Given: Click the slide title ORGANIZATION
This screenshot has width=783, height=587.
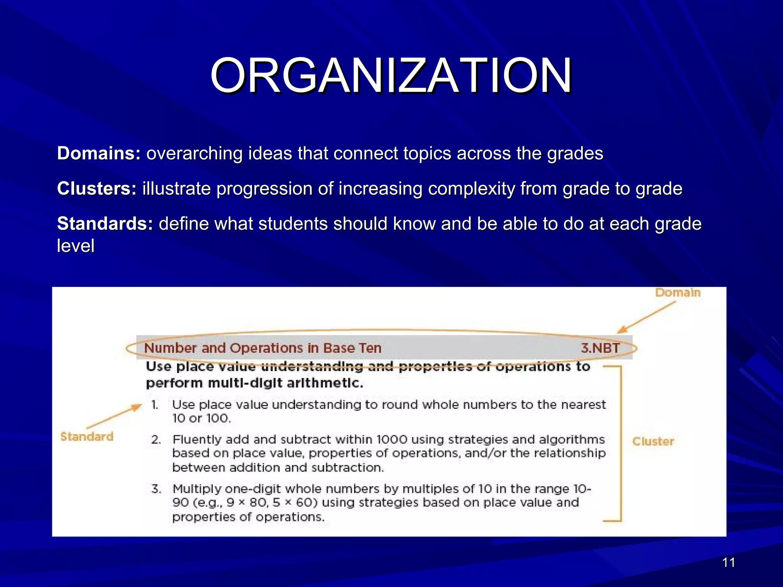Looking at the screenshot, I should point(391,75).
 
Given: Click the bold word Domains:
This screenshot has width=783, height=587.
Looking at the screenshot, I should point(99,154).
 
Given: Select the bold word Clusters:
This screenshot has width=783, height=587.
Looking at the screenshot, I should point(97,189).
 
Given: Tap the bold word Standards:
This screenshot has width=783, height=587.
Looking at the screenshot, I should point(105,224).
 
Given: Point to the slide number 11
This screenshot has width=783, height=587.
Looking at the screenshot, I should point(728,563).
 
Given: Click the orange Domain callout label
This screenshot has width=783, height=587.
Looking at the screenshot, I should point(677,293).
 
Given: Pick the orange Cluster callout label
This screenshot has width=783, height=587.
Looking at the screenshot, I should point(653,441).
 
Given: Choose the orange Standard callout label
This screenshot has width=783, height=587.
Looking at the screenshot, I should point(87,436).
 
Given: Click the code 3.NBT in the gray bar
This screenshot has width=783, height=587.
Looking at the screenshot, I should point(600,348).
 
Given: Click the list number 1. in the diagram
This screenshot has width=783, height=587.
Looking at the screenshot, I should point(155,405).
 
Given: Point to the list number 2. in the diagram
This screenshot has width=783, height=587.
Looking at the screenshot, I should point(156,439).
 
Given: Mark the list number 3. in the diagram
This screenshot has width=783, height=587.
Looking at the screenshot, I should point(156,489).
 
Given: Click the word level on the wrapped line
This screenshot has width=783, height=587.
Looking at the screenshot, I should point(76,246).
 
